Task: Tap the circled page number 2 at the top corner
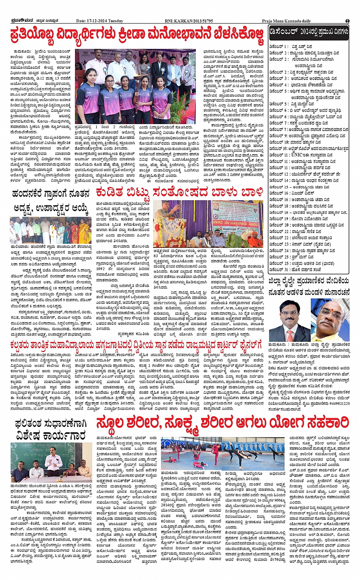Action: [347, 21]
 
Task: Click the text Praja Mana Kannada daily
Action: [286, 21]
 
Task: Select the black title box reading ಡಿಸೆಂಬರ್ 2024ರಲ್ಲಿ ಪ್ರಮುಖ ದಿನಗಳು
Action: [308, 32]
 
